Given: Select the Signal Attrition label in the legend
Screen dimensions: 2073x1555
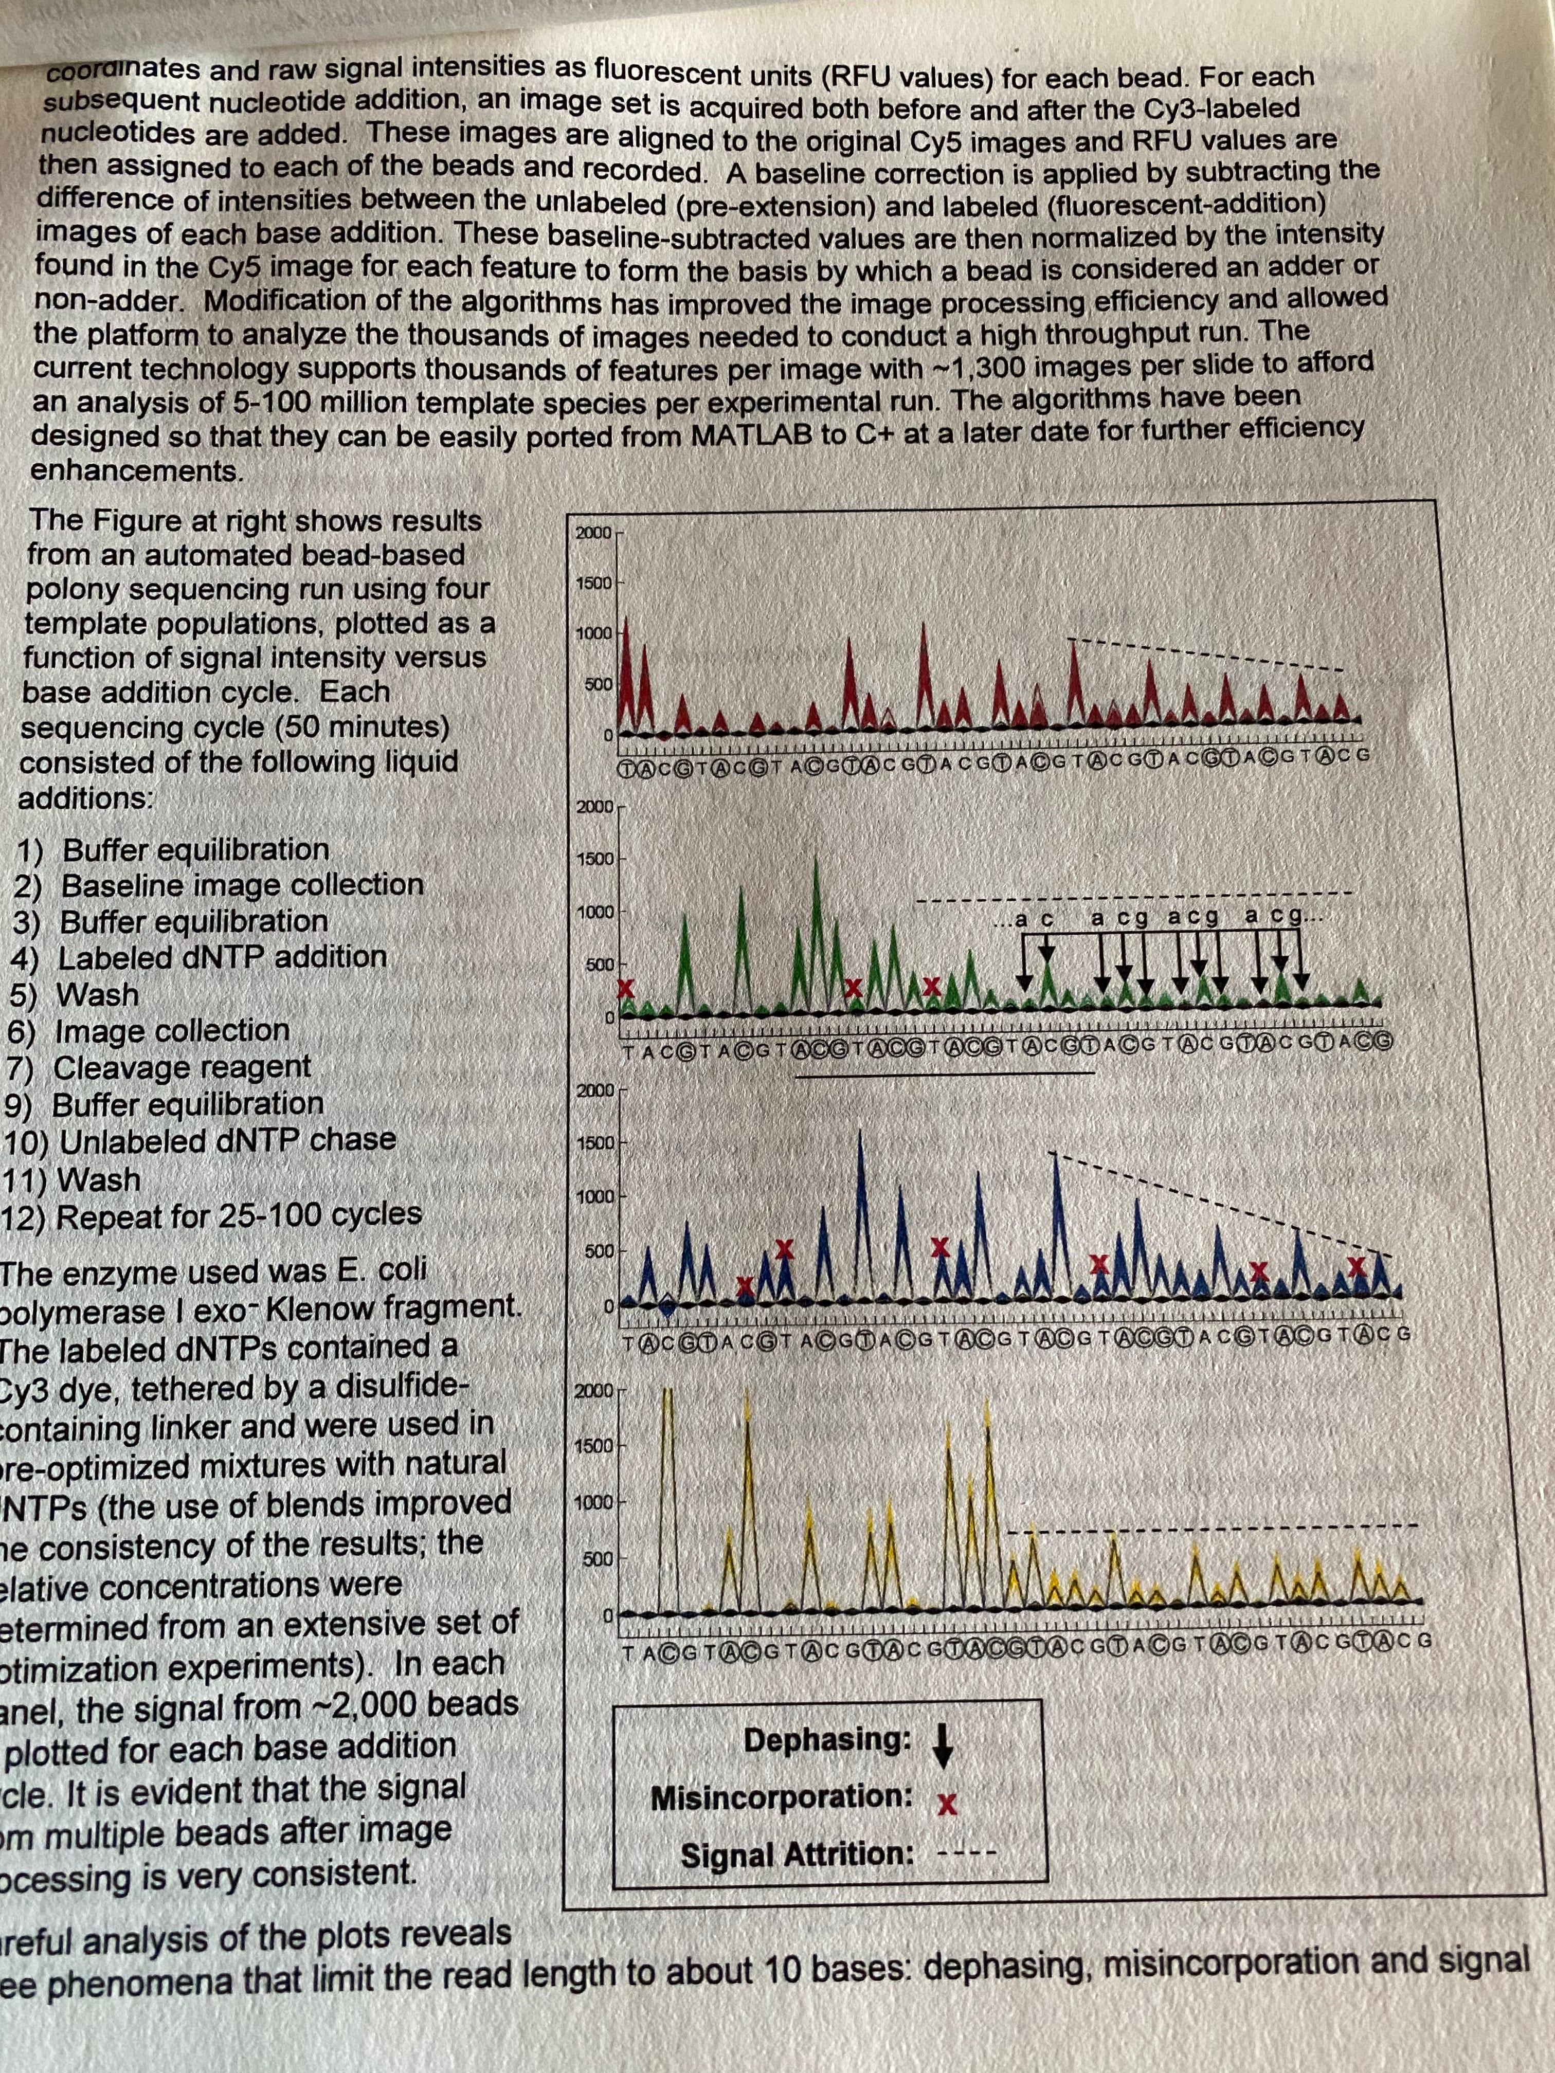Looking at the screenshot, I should (797, 1856).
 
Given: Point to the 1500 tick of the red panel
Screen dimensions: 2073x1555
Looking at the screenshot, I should (593, 583).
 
